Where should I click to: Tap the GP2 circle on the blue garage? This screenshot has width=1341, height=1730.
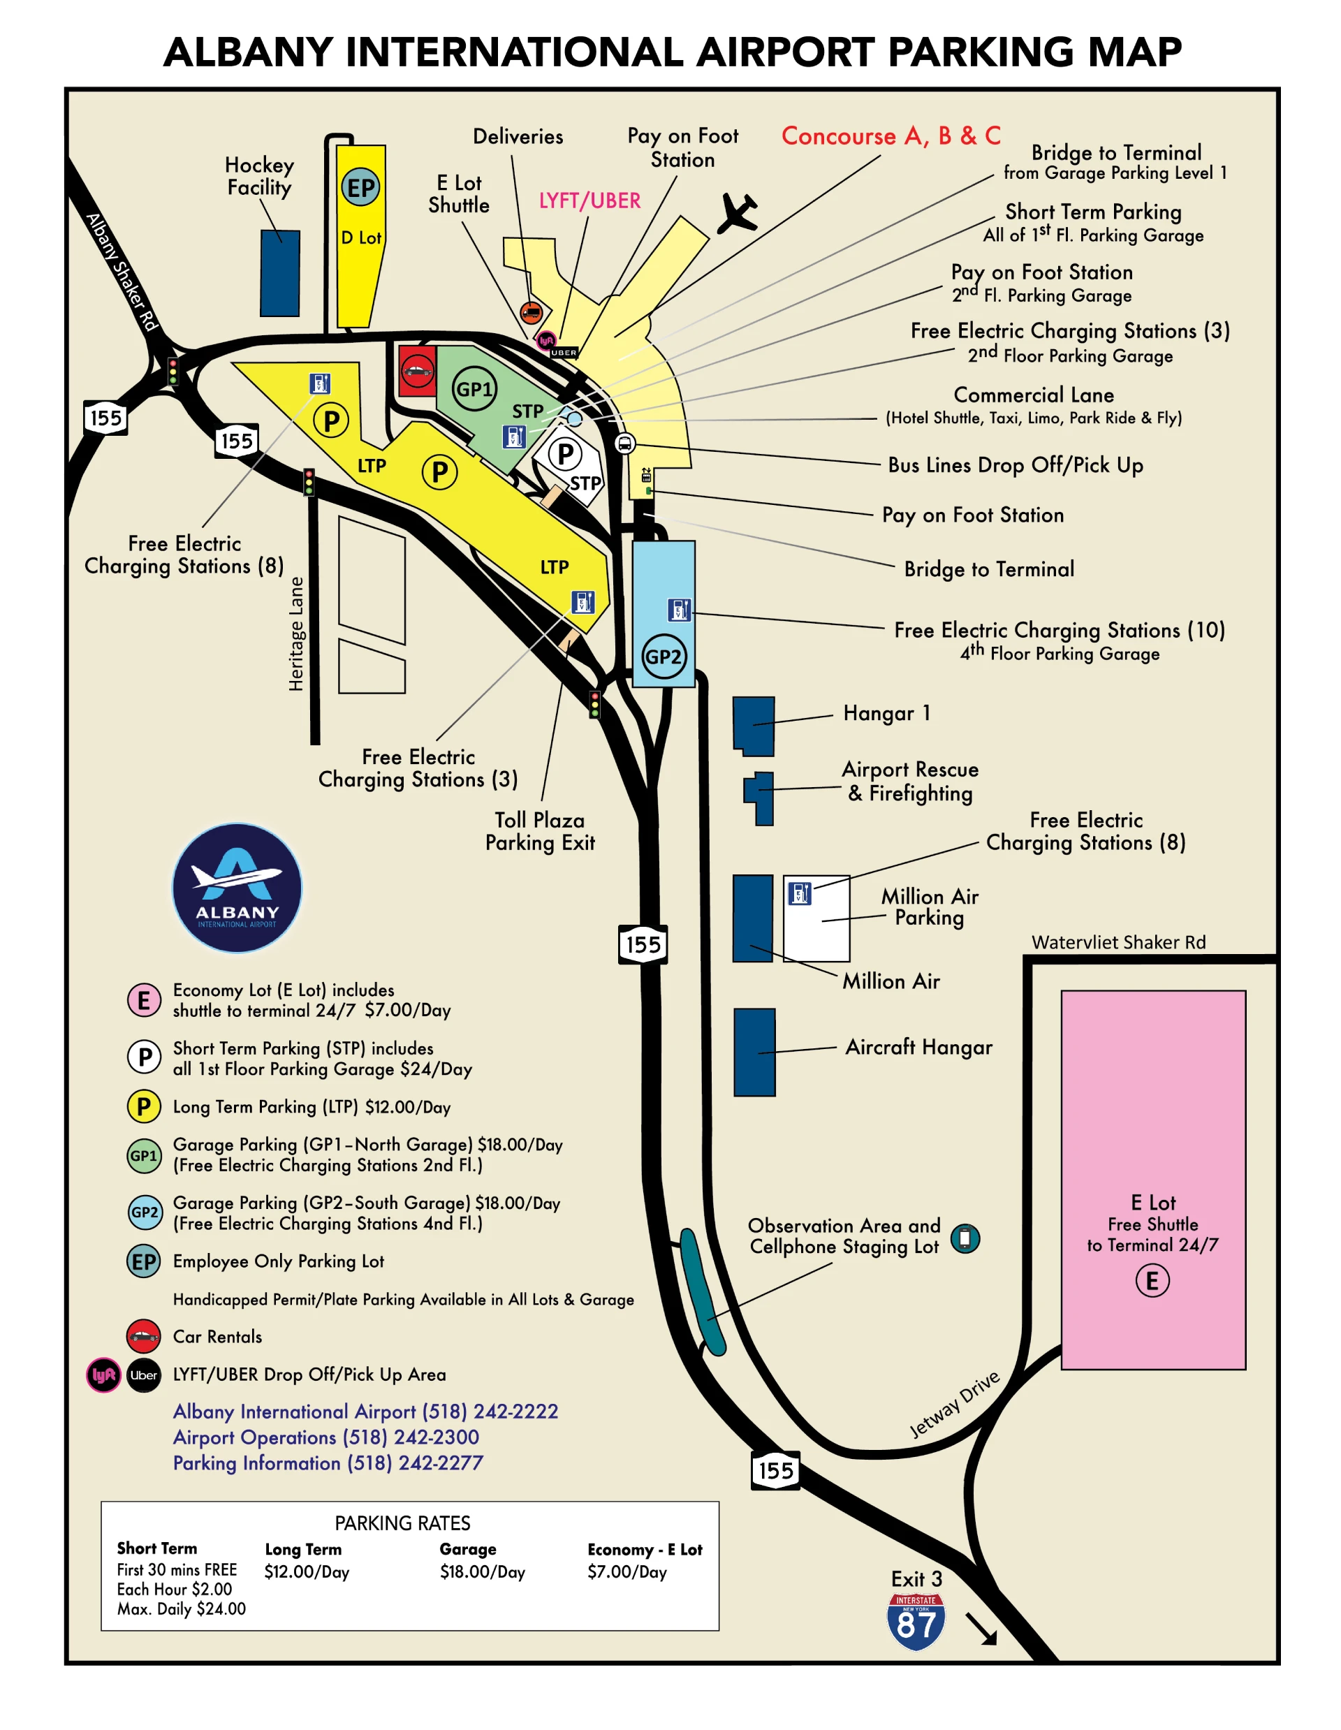coord(663,656)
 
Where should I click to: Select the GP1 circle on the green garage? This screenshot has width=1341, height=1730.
coord(474,388)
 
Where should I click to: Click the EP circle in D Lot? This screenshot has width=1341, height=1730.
coord(361,188)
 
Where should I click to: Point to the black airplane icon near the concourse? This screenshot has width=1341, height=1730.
coord(738,213)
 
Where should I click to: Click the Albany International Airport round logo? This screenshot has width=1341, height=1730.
coord(237,887)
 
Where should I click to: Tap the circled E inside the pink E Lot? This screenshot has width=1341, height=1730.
coord(1152,1280)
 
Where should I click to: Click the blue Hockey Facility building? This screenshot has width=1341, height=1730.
coord(280,273)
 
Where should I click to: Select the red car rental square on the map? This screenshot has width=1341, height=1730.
coord(417,370)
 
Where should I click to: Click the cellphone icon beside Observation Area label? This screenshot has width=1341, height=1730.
coord(964,1238)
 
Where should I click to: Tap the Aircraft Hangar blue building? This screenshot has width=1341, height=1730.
coord(754,1052)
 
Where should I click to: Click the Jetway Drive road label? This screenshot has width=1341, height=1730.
coord(955,1405)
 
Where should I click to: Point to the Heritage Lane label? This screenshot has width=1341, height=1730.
coord(295,633)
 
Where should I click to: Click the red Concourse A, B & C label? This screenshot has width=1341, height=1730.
coord(891,135)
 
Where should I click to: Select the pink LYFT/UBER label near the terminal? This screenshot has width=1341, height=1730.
coord(589,200)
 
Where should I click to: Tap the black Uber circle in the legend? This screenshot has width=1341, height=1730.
coord(143,1375)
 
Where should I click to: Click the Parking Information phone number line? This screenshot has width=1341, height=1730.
coord(328,1463)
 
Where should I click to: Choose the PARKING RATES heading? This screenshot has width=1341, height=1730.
coord(402,1523)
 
